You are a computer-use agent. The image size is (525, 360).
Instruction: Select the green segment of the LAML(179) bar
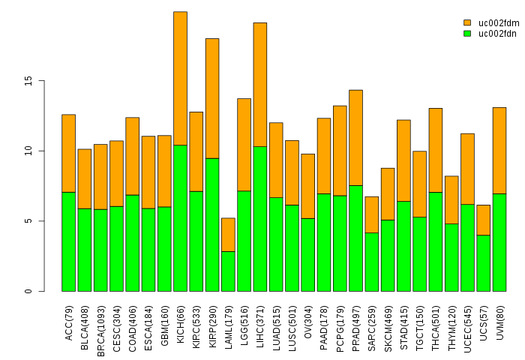pos(228,271)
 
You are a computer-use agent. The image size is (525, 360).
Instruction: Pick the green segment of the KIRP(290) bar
pos(212,225)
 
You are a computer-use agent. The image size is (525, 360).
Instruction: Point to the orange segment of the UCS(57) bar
pos(483,220)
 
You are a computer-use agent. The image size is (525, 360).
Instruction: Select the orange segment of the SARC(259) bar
pos(371,214)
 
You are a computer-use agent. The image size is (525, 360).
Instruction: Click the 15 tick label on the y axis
pos(29,81)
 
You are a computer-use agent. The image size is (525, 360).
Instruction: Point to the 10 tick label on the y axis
pos(29,151)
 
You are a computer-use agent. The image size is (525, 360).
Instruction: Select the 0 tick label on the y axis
pos(29,291)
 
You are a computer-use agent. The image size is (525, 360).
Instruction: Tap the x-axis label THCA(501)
pos(436,322)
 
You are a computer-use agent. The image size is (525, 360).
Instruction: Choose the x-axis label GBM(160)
pos(164,322)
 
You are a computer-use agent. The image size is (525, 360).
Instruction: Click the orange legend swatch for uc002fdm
pos(466,23)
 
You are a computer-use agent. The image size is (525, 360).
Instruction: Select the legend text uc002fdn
pos(497,34)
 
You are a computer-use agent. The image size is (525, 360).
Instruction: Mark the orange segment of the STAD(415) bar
pos(403,160)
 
